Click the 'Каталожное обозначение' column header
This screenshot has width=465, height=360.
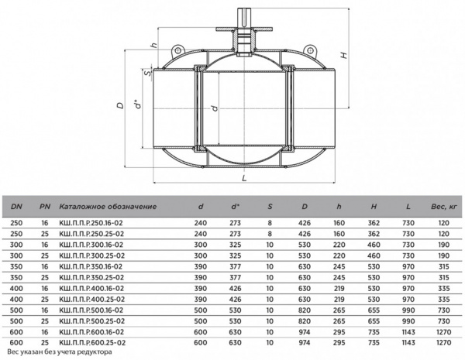108,207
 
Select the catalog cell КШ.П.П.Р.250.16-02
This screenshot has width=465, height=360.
91,223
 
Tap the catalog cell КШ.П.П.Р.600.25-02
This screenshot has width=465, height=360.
92,343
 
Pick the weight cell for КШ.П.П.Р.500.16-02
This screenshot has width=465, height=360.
443,310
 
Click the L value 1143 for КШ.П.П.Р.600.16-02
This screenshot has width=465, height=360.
408,332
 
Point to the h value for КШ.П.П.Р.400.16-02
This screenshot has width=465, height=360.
339,288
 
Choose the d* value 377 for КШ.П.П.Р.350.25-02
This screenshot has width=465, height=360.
235,277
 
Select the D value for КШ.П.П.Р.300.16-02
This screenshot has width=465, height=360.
305,245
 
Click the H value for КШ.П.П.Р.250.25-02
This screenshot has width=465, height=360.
374,234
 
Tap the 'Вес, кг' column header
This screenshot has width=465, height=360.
443,207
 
